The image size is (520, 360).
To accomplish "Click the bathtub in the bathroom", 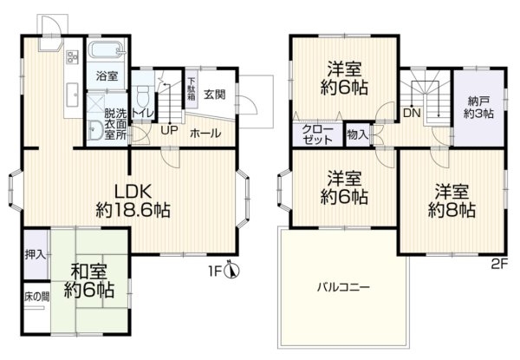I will click(107, 51).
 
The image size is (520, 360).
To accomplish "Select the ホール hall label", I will click(205, 133).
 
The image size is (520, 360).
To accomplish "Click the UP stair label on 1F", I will click(169, 133).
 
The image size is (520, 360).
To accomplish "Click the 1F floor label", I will click(214, 271).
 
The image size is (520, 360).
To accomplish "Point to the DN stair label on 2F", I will click(412, 112).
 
